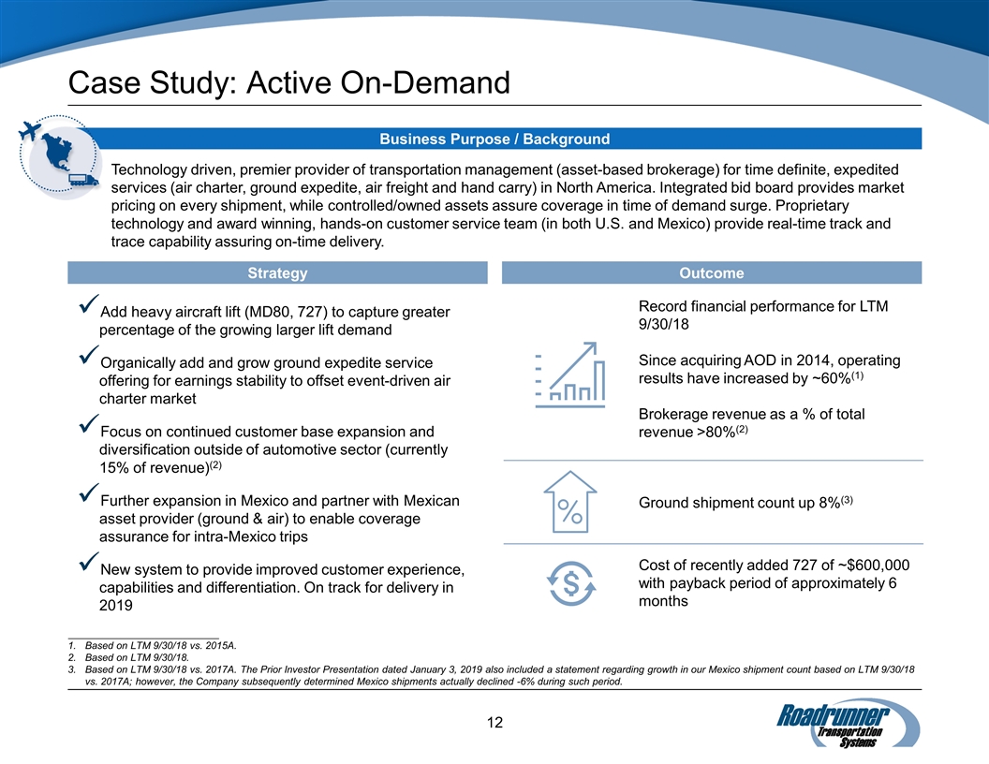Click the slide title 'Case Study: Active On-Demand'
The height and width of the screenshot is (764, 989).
coord(289,83)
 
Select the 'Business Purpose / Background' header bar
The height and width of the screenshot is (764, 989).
coord(494,140)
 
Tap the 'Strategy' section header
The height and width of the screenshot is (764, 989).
coord(277,273)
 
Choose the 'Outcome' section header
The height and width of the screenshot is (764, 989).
coord(712,273)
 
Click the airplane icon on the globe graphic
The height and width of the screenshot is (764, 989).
coord(35,131)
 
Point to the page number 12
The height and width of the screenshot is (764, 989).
coord(494,722)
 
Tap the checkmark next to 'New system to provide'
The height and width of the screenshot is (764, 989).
coord(89,565)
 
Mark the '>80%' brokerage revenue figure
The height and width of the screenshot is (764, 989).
coord(714,432)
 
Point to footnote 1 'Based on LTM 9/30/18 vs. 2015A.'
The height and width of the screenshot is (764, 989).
coord(160,645)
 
